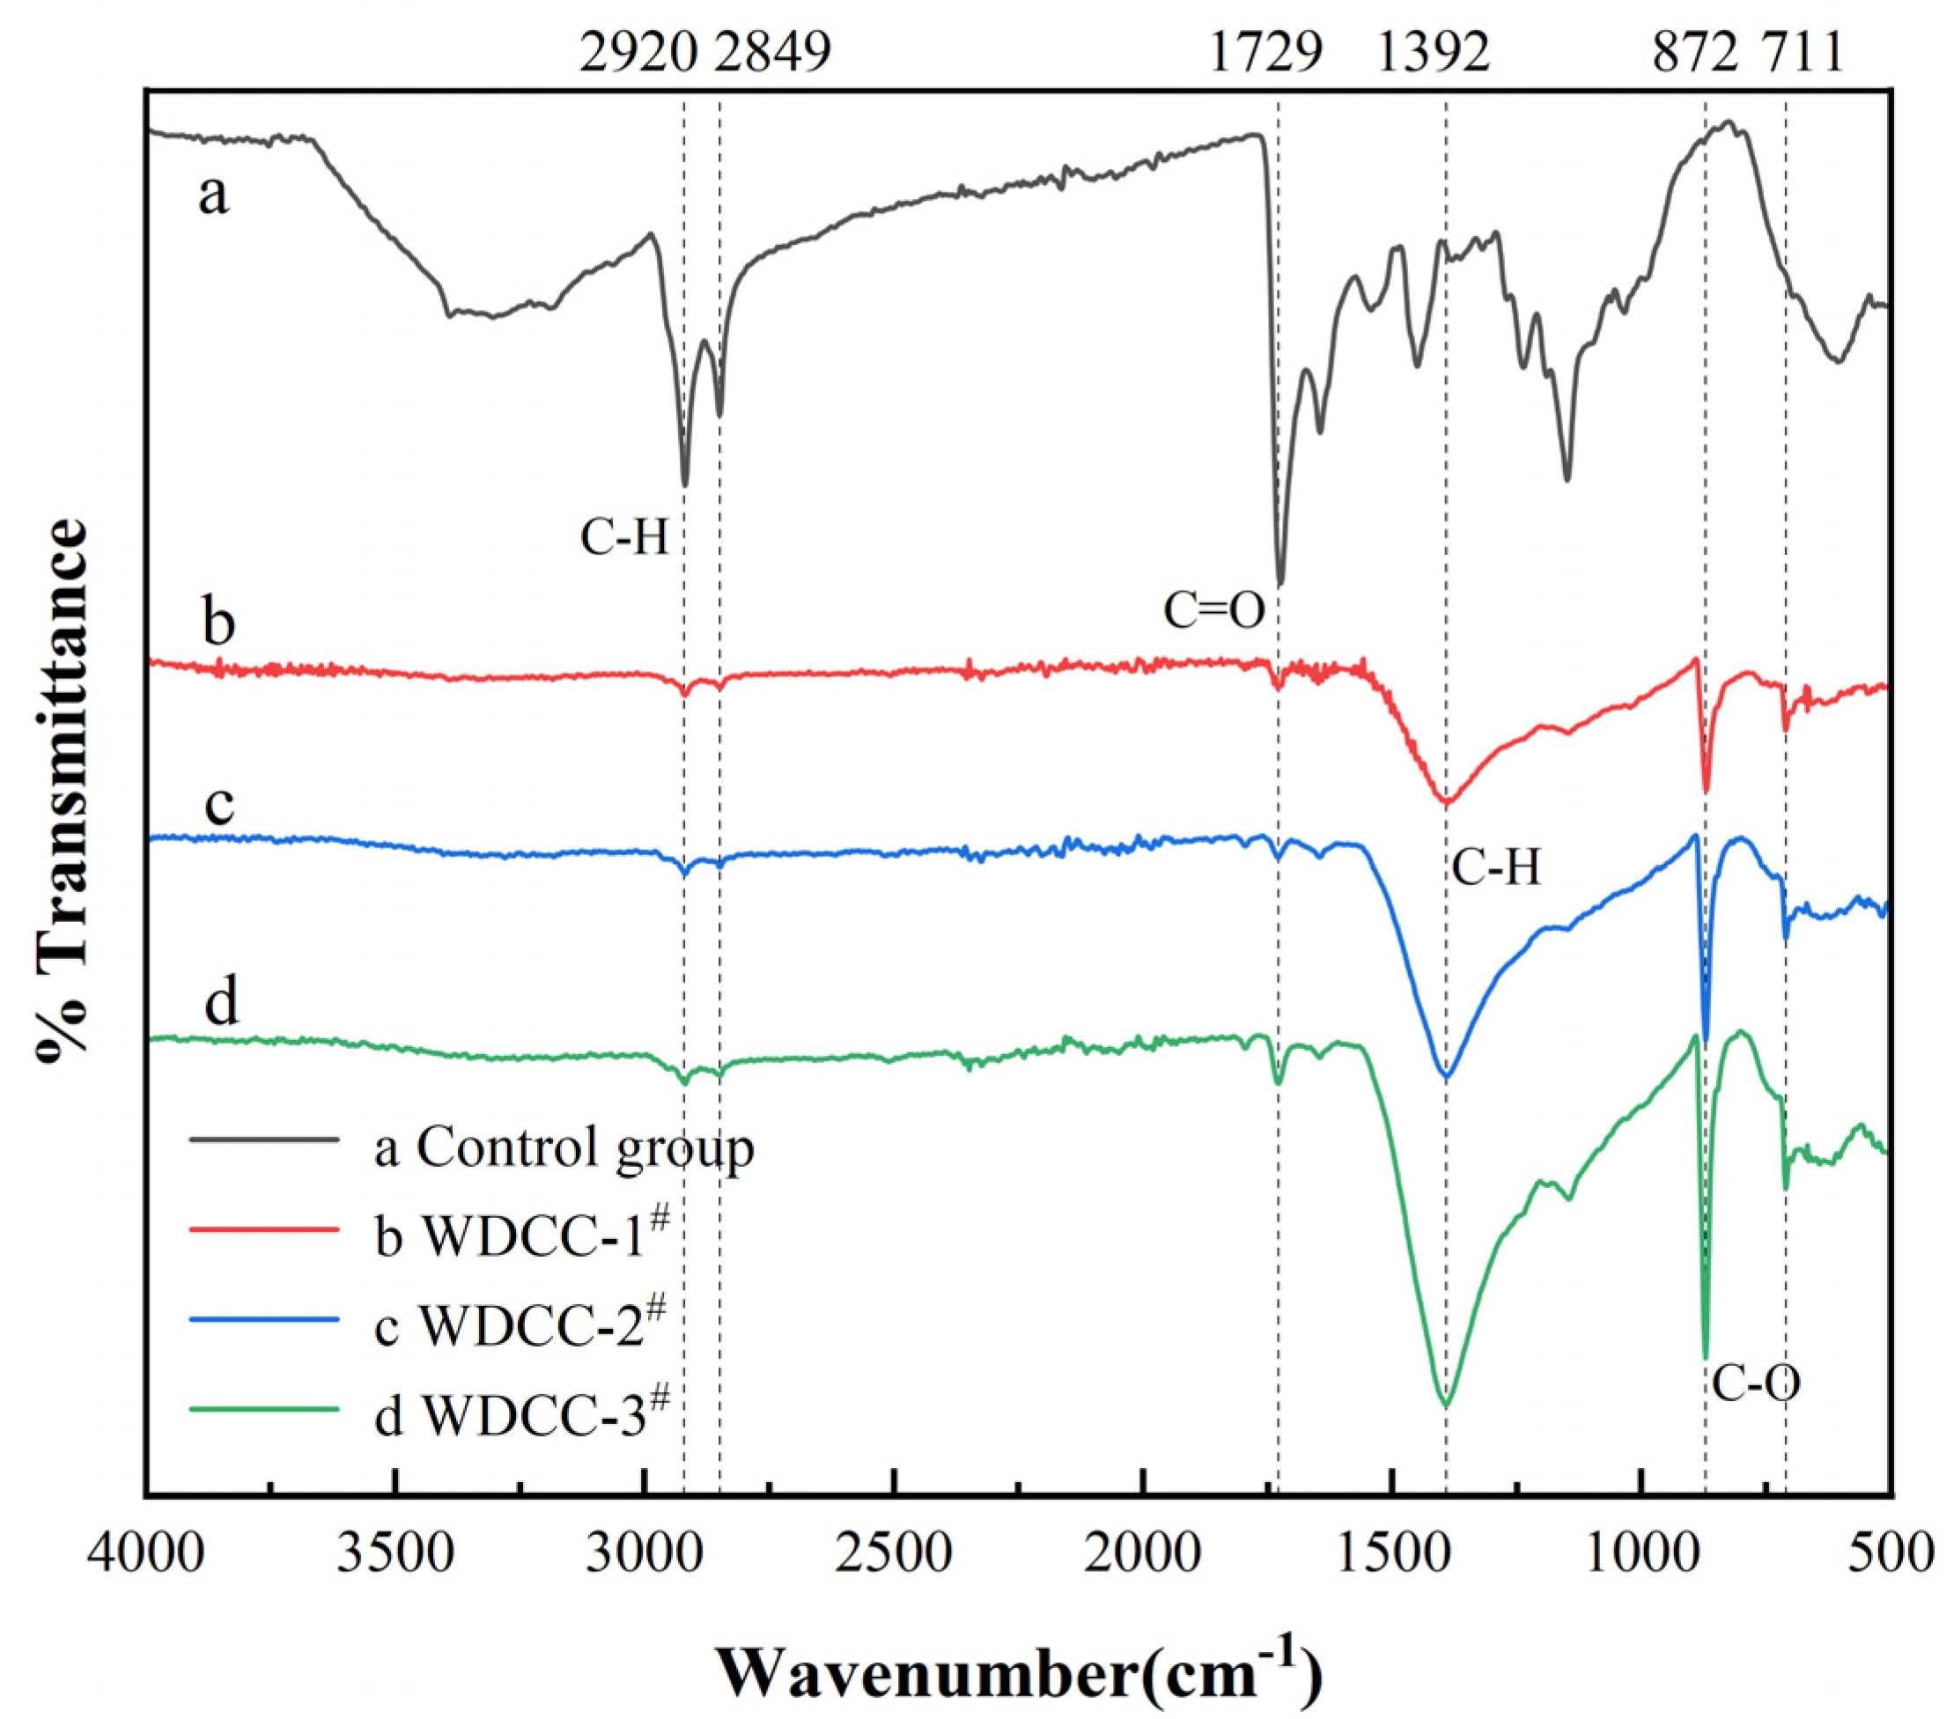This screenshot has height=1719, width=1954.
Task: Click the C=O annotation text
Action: point(1214,610)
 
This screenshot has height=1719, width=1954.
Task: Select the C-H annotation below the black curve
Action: point(624,539)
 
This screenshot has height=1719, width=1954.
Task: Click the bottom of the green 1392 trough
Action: point(1445,1405)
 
